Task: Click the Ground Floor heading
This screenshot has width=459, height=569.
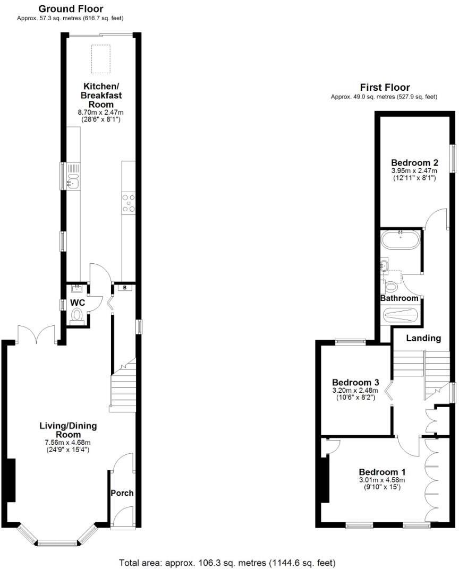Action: point(71,8)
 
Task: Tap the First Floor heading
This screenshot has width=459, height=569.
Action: point(385,88)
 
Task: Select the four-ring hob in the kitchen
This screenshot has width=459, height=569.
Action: point(129,203)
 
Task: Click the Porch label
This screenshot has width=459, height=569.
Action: point(122,493)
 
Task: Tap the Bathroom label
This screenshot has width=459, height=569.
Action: point(399,298)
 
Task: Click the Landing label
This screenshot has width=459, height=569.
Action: point(423,338)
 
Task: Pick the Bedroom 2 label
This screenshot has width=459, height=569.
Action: point(414,162)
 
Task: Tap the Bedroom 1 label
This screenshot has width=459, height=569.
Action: point(382,472)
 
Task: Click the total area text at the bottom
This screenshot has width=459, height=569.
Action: point(227,563)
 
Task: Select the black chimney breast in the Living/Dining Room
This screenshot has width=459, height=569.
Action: point(10,480)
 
